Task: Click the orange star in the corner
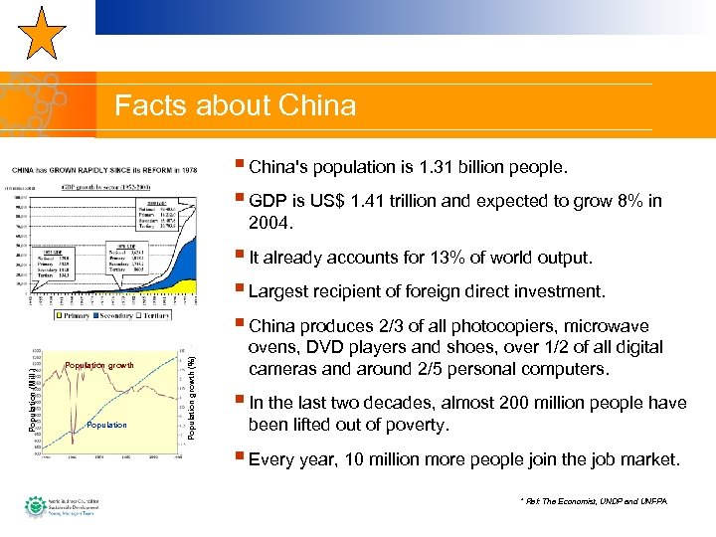42,34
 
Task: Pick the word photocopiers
494,326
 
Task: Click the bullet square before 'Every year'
242,458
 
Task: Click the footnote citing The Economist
593,499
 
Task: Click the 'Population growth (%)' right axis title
193,387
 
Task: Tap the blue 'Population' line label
106,425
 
